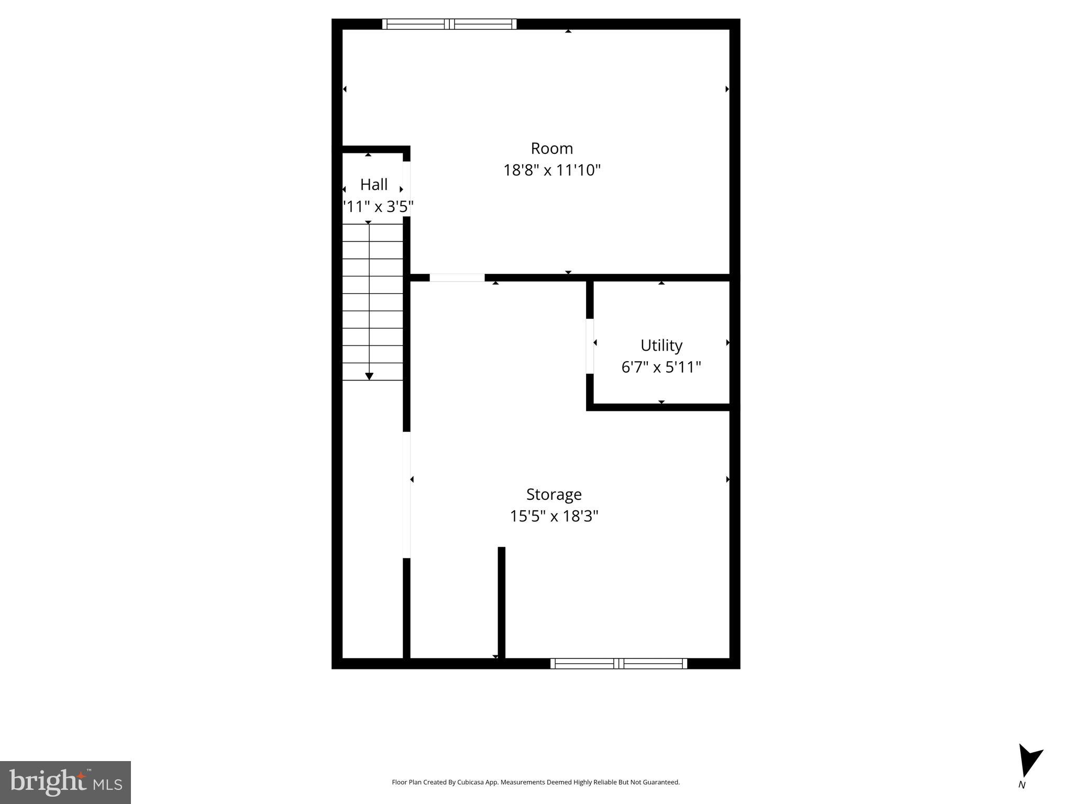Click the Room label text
[x=551, y=149]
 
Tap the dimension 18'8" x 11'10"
[x=551, y=171]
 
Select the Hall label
[x=373, y=185]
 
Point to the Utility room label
[x=661, y=345]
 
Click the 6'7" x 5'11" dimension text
[x=661, y=367]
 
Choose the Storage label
[x=554, y=495]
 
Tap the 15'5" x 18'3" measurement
[x=554, y=517]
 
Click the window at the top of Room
[x=449, y=24]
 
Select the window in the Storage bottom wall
[x=618, y=664]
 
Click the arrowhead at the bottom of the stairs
[x=369, y=376]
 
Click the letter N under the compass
[x=1022, y=785]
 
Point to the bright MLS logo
[x=65, y=782]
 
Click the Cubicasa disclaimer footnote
[x=536, y=782]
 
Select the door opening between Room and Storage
[x=457, y=277]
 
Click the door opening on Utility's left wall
[x=590, y=346]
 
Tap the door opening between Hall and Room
[x=406, y=188]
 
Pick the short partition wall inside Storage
[x=501, y=602]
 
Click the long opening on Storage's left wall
[x=406, y=495]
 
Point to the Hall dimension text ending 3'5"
[x=378, y=207]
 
